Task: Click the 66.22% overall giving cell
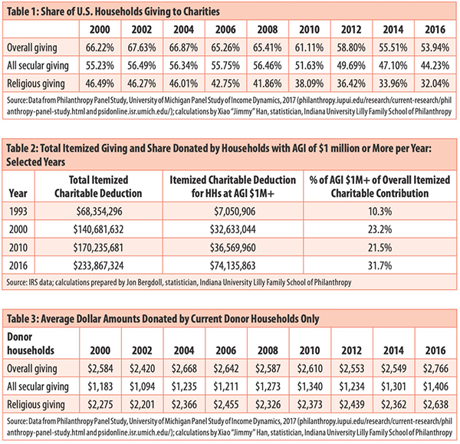pyautogui.click(x=100, y=48)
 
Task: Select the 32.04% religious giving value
pyautogui.click(x=435, y=84)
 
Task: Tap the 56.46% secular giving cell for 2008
pyautogui.click(x=268, y=65)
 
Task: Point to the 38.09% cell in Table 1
pyautogui.click(x=309, y=84)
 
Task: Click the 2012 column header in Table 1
pyautogui.click(x=351, y=30)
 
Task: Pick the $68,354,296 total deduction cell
pyautogui.click(x=99, y=212)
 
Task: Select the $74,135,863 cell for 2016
pyautogui.click(x=232, y=265)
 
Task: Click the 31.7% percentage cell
pyautogui.click(x=380, y=265)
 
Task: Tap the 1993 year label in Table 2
pyautogui.click(x=18, y=212)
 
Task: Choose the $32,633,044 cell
pyautogui.click(x=232, y=229)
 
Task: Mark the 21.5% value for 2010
pyautogui.click(x=380, y=248)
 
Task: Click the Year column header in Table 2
pyautogui.click(x=18, y=193)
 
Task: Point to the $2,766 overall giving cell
pyautogui.click(x=435, y=368)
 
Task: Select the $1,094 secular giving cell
pyautogui.click(x=142, y=386)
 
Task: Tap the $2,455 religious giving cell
pyautogui.click(x=226, y=405)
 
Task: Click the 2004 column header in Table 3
pyautogui.click(x=184, y=350)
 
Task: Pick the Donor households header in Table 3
pyautogui.click(x=31, y=344)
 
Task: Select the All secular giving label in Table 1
pyautogui.click(x=38, y=66)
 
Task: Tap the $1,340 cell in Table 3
pyautogui.click(x=310, y=386)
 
